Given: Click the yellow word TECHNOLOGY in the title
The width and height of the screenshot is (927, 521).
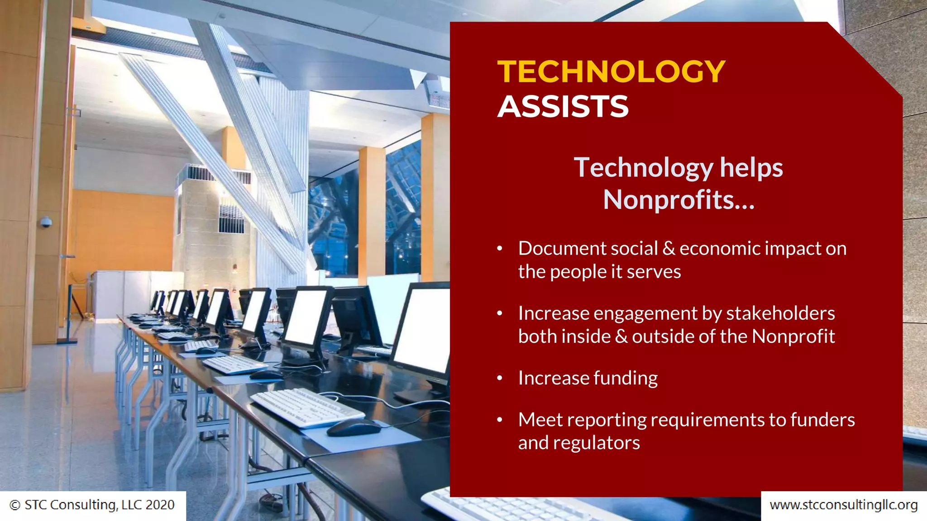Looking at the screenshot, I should click(611, 72).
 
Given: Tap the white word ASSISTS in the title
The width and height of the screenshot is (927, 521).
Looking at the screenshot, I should click(563, 107).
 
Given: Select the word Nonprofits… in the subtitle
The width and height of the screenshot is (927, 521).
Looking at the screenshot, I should click(679, 200).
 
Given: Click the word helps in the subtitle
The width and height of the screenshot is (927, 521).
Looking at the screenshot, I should click(751, 168).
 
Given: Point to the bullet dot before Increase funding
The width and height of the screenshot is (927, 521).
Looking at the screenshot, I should click(500, 378).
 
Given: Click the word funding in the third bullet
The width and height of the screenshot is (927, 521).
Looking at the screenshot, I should click(626, 379).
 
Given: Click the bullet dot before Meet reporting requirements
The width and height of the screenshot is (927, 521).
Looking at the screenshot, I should click(500, 420).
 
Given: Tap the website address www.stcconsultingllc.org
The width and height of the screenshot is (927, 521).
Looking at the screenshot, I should click(843, 505).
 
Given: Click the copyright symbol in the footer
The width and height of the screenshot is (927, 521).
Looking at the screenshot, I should click(15, 505).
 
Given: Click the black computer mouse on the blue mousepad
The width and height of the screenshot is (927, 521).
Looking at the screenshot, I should click(354, 427).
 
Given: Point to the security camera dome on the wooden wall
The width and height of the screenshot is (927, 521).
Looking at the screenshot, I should click(46, 222).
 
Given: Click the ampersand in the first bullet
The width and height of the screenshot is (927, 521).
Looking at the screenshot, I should click(668, 248).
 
